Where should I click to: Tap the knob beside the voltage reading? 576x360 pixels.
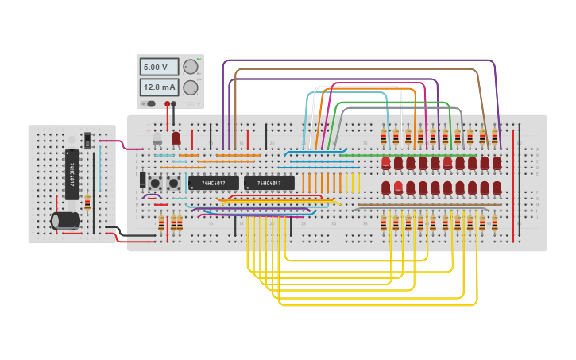point(191,67)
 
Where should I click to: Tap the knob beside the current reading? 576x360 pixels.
point(191,87)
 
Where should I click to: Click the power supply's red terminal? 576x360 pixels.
point(168,103)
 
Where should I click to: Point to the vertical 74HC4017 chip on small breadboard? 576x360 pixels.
point(72,176)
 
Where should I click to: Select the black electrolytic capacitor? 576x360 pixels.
point(65,220)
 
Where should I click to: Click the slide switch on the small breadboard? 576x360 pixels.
point(87,141)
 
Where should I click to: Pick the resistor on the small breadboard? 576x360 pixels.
point(87,202)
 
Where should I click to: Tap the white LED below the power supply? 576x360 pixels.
point(157,139)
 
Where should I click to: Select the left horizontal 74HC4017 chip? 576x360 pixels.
point(213,183)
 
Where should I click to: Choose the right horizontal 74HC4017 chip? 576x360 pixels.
point(269,183)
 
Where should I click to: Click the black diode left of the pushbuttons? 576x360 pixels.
point(143,180)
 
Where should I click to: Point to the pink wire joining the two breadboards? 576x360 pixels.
point(119,144)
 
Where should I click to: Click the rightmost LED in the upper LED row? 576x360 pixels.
point(497,163)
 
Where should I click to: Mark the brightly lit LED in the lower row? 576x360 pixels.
point(398,188)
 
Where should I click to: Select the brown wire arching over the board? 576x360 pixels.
point(358,70)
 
